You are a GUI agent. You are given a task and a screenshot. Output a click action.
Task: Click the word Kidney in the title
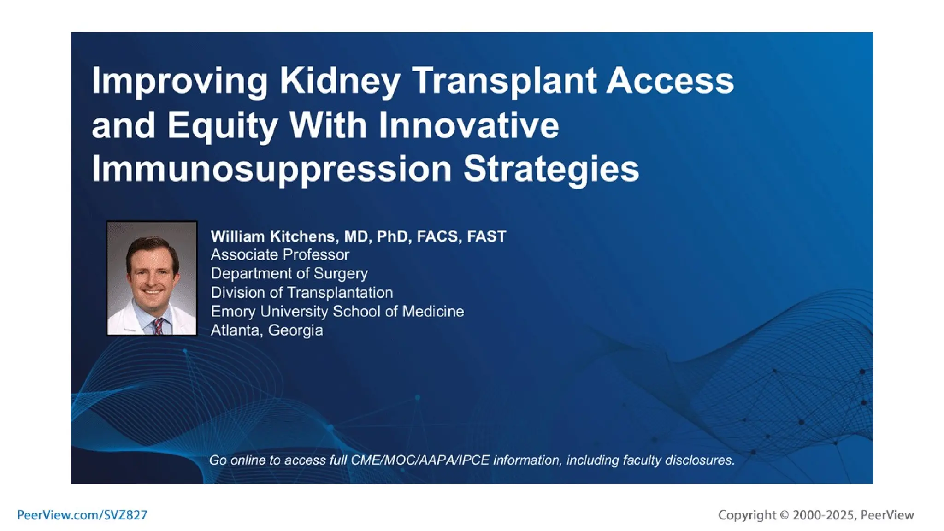(339, 81)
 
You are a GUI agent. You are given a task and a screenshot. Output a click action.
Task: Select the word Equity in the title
(222, 125)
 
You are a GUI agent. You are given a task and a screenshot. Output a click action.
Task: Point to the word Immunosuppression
(271, 170)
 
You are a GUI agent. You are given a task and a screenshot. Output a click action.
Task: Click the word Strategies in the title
(551, 170)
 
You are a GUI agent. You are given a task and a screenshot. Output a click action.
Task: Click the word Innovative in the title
(469, 125)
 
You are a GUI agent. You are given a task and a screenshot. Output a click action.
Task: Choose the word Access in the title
(669, 81)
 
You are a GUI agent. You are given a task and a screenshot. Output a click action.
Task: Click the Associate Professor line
(280, 255)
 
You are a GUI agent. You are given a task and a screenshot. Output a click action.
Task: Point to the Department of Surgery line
(289, 274)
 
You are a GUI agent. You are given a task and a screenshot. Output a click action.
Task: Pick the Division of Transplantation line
(301, 293)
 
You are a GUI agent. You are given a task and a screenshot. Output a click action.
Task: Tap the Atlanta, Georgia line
(266, 330)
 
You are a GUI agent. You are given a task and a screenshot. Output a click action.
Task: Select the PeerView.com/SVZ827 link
(82, 515)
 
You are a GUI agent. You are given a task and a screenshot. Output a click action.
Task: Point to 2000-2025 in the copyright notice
(823, 515)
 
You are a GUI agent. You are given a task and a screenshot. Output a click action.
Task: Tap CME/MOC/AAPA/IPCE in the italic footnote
(420, 460)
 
